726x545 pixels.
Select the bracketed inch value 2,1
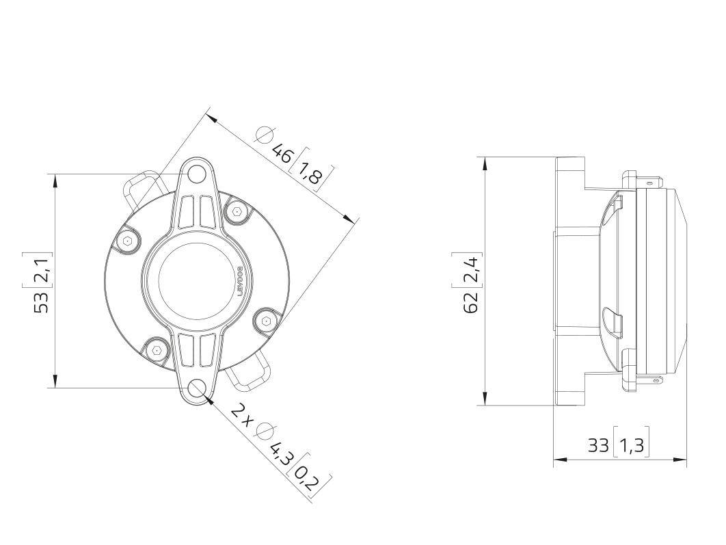(x=42, y=268)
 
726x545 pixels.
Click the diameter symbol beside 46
(x=263, y=135)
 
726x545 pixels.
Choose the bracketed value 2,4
(x=471, y=268)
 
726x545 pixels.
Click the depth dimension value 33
(x=598, y=445)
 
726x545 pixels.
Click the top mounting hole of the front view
(x=198, y=174)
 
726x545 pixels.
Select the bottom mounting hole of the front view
(x=198, y=388)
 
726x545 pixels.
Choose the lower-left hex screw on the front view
(x=158, y=350)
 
